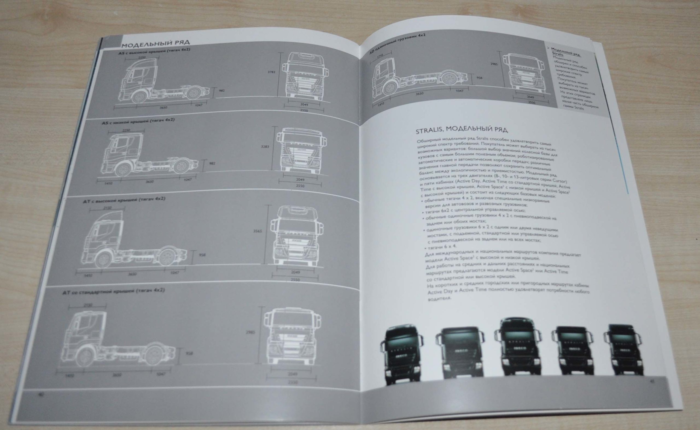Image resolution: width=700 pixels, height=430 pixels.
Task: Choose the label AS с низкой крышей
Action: point(138,121)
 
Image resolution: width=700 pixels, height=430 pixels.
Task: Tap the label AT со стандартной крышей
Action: point(113,292)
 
